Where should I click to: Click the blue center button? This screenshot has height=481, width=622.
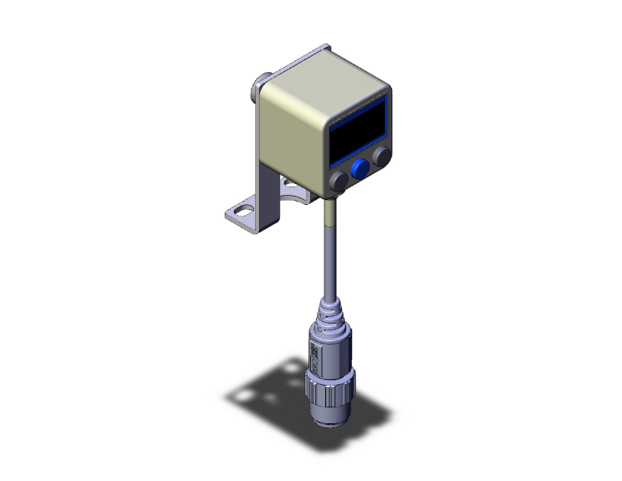pos(360,170)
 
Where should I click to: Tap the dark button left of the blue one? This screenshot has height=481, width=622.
pos(339,182)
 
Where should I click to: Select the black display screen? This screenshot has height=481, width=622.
pos(357,133)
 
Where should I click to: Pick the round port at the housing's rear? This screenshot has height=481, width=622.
pos(258,84)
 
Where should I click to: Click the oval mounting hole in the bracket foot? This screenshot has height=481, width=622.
pos(242,211)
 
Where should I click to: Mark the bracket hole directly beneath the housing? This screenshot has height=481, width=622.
pos(288,182)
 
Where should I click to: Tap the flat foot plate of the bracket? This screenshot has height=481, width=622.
pos(251,215)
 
